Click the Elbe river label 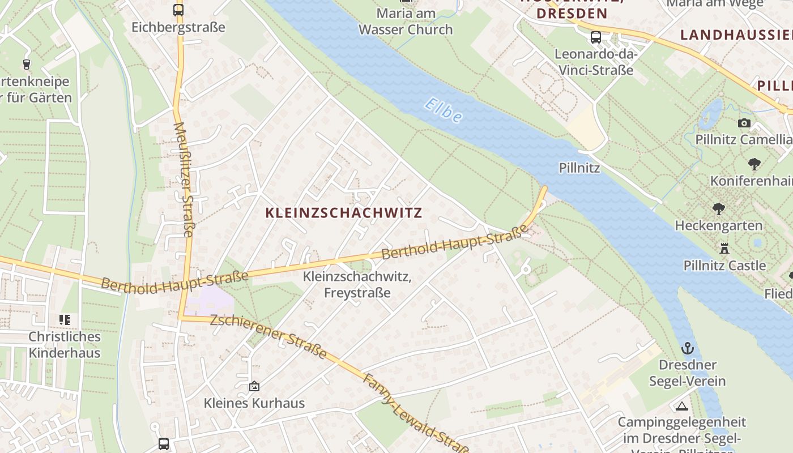[443, 110]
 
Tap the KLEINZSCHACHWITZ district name [344, 213]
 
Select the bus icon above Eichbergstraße [178, 10]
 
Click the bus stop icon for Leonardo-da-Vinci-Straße [596, 37]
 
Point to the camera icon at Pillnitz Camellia [744, 123]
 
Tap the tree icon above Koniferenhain [754, 164]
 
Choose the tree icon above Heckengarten [719, 209]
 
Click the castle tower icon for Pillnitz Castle [724, 248]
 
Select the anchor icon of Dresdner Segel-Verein [688, 348]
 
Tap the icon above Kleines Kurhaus [254, 386]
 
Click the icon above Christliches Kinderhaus [65, 320]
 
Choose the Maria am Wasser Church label [406, 22]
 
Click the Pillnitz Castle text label [724, 265]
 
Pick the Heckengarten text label [719, 225]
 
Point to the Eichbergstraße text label [178, 27]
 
